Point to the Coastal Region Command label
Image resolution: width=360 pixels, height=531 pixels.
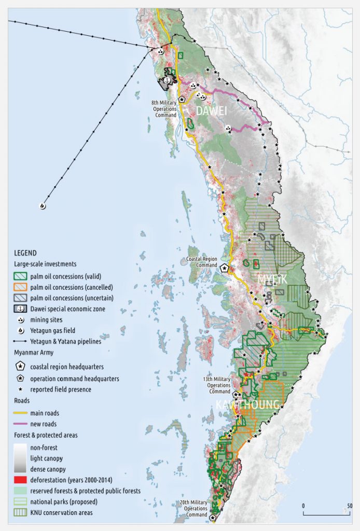[x=202, y=262]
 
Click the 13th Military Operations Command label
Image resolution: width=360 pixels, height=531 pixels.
[x=215, y=382]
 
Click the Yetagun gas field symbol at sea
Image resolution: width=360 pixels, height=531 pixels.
[x=42, y=205]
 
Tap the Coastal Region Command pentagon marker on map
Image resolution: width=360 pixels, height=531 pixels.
[x=225, y=269]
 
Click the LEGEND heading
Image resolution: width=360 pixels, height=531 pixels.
[x=25, y=253]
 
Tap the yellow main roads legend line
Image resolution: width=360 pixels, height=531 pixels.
[x=20, y=413]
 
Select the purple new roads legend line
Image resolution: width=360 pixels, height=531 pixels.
[x=20, y=424]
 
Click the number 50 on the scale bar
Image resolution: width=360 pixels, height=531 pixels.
[x=350, y=506]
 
